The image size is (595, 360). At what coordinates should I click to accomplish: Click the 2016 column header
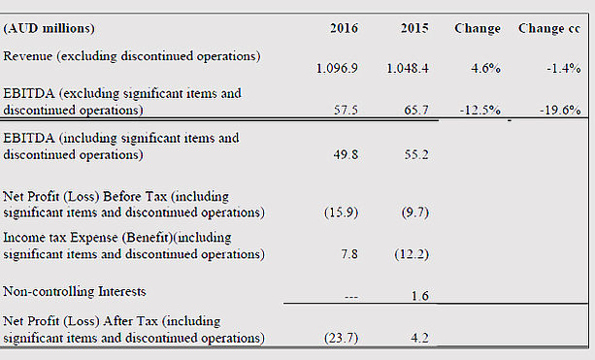pyautogui.click(x=344, y=28)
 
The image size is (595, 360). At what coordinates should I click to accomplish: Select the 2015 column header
pyautogui.click(x=414, y=28)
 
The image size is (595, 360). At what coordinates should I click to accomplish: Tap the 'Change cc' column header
pyautogui.click(x=549, y=28)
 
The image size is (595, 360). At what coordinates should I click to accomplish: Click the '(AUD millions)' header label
pyautogui.click(x=49, y=28)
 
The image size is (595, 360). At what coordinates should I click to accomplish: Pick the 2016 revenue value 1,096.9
pyautogui.click(x=337, y=68)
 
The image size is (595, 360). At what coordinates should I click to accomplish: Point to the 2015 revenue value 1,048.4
pyautogui.click(x=408, y=68)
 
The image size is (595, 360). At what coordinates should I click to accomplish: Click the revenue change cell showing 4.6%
pyautogui.click(x=485, y=68)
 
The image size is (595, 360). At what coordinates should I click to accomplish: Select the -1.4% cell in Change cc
pyautogui.click(x=564, y=68)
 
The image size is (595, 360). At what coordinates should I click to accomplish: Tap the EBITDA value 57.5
pyautogui.click(x=346, y=110)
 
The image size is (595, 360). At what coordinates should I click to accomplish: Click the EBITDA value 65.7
pyautogui.click(x=416, y=110)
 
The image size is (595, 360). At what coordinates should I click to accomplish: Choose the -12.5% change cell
pyautogui.click(x=479, y=110)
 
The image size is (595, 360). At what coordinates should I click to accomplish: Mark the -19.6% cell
pyautogui.click(x=560, y=110)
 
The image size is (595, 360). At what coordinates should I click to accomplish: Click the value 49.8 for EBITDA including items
pyautogui.click(x=346, y=155)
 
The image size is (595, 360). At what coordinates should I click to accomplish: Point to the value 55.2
pyautogui.click(x=416, y=155)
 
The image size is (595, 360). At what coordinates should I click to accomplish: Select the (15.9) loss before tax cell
pyautogui.click(x=341, y=213)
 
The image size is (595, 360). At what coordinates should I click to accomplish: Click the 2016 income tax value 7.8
pyautogui.click(x=349, y=254)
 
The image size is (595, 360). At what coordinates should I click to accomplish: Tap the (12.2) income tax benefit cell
pyautogui.click(x=412, y=254)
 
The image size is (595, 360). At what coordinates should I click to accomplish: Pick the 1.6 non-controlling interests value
pyautogui.click(x=420, y=296)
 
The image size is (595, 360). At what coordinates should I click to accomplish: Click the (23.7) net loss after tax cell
pyautogui.click(x=341, y=338)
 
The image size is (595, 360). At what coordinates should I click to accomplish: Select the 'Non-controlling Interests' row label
pyautogui.click(x=75, y=291)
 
